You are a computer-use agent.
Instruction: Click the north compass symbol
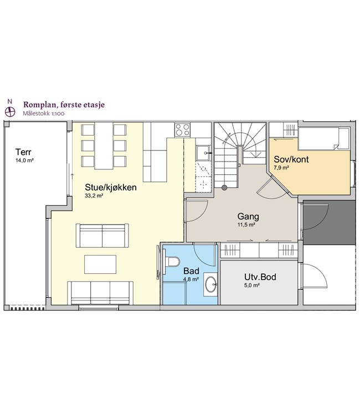tap(10, 111)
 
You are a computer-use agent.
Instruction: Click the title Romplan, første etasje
tap(64, 105)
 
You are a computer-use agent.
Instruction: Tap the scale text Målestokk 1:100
tap(43, 113)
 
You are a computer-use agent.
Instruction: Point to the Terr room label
tap(23, 152)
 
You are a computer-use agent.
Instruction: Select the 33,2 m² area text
tap(94, 195)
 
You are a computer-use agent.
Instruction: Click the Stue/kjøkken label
tap(111, 187)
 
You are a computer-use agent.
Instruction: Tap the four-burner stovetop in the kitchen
tap(182, 129)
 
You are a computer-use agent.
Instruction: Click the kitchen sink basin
tap(203, 153)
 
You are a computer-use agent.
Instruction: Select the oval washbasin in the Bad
tap(210, 284)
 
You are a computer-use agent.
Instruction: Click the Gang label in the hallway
tap(248, 216)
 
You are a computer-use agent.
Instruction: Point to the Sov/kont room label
tap(291, 159)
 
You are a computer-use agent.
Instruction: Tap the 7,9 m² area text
tap(281, 167)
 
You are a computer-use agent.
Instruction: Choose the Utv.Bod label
tap(260, 277)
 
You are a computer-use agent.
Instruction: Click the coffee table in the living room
tap(100, 264)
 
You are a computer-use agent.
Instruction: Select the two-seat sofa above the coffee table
tap(102, 236)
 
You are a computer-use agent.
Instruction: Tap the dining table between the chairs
tap(104, 146)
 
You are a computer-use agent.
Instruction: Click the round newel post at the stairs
tap(224, 188)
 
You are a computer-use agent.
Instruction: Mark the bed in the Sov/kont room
tap(324, 138)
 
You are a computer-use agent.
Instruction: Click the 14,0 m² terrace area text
tap(24, 160)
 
